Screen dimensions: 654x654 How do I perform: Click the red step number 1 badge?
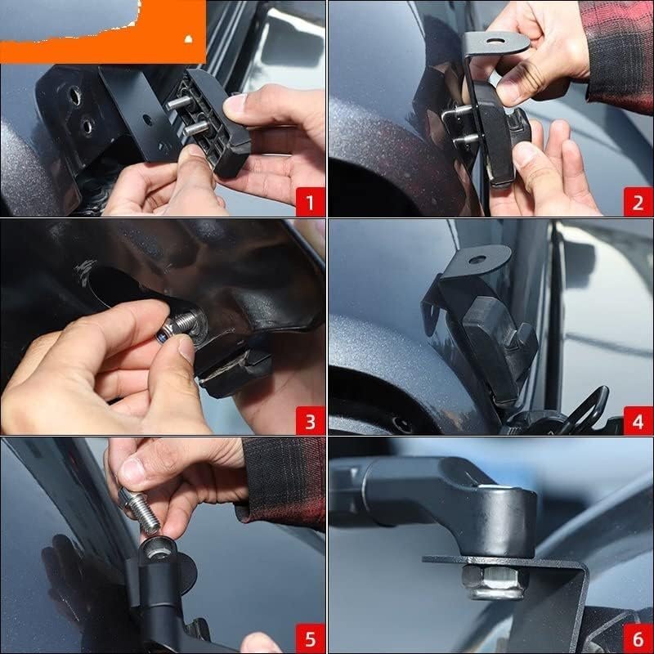tap(310, 202)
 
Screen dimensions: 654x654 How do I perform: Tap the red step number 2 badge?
tap(638, 202)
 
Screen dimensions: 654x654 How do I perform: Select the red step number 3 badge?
tap(310, 420)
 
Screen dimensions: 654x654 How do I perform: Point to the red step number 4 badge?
tap(638, 420)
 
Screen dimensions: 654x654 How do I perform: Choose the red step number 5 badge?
tap(310, 638)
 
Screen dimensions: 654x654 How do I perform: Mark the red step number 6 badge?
tap(638, 638)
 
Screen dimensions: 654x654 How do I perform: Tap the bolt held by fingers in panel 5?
tap(140, 512)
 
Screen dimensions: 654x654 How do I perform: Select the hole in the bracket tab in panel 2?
tap(495, 41)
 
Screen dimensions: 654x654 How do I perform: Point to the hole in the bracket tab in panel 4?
tap(477, 259)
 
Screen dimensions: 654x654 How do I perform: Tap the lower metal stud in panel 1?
tap(196, 128)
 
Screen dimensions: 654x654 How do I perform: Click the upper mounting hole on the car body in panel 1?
tap(74, 96)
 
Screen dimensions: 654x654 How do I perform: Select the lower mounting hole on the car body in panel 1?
tap(87, 126)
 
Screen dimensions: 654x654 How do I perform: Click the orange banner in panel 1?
tap(103, 32)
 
